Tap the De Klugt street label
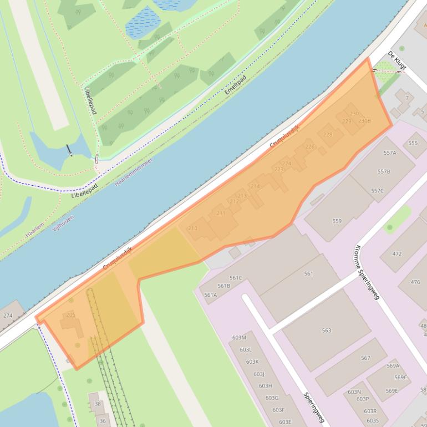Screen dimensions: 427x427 (x=397, y=60)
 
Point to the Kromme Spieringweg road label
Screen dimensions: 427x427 (x=367, y=272)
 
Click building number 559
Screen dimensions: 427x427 (x=337, y=221)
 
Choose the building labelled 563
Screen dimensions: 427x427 (x=327, y=331)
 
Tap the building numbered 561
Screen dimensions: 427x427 (x=309, y=273)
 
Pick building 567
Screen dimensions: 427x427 (x=365, y=358)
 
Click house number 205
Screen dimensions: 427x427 (x=70, y=315)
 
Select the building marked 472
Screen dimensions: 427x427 (x=397, y=254)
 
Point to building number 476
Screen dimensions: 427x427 (x=415, y=282)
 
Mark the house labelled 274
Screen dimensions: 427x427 (x=8, y=316)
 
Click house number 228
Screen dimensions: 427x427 (x=328, y=135)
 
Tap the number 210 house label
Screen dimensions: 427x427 (x=192, y=228)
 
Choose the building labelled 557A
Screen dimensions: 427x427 (x=390, y=153)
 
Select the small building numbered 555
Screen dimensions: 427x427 (x=413, y=143)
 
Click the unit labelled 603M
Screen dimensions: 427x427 (x=239, y=338)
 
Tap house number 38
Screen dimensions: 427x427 (x=98, y=404)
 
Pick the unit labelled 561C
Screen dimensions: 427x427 (x=236, y=278)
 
